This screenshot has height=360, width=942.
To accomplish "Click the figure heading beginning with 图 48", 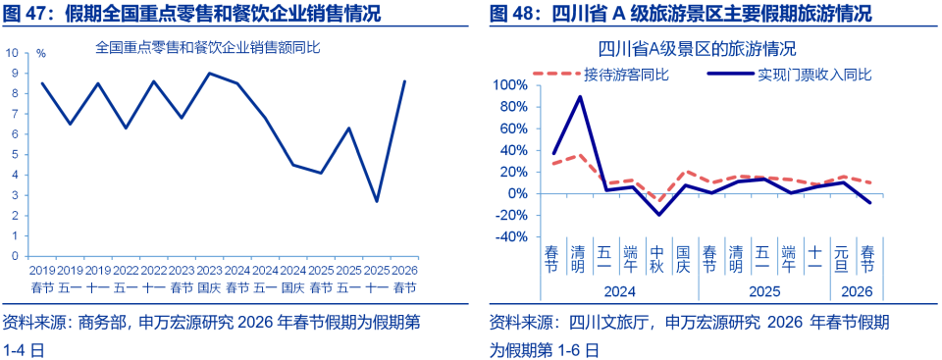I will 680,14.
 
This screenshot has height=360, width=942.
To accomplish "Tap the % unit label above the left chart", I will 40,53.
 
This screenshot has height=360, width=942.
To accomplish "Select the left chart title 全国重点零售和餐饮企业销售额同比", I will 208,46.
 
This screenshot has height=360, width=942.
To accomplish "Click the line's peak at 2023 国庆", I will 209,74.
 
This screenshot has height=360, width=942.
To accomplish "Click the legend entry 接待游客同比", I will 626,74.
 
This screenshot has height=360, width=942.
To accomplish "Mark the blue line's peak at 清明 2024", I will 580,96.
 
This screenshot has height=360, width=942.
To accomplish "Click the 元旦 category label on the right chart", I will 842,258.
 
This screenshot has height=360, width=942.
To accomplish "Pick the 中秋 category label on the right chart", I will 656,258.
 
